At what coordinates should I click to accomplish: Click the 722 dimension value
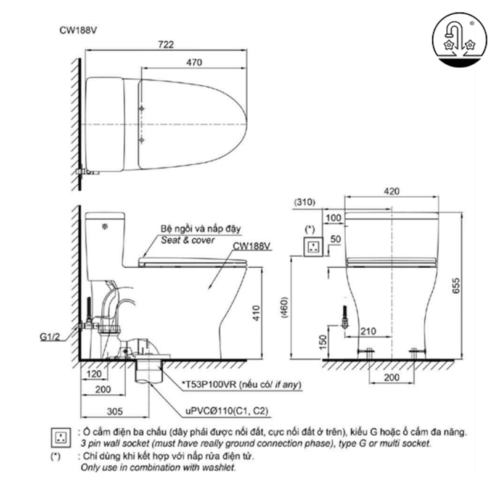coord(166,45)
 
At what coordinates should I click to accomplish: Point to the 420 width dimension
coord(391,191)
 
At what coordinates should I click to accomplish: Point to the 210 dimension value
coord(369,331)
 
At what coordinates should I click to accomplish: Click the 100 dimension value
coord(333,218)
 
